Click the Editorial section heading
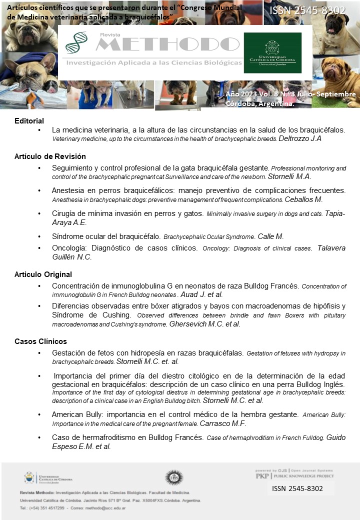pos(29,120)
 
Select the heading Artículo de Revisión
pos(43,156)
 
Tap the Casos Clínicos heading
pos(40,341)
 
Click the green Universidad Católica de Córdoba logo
pos(272,53)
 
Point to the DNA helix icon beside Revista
pos(76,42)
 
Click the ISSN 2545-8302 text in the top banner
pos(307,10)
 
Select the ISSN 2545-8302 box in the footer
pos(297,488)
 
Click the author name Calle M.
pos(273,236)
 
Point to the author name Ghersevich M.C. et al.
pos(205,324)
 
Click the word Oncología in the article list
pos(68,248)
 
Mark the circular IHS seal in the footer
pos(174,477)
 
